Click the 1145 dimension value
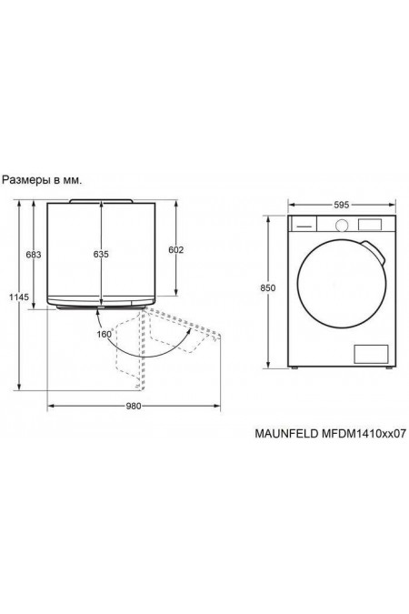point(19,297)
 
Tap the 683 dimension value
point(34,255)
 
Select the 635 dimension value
point(101,255)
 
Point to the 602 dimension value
point(175,250)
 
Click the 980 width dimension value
point(134,406)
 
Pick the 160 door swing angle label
point(105,335)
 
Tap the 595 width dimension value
point(342,205)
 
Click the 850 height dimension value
point(268,288)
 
